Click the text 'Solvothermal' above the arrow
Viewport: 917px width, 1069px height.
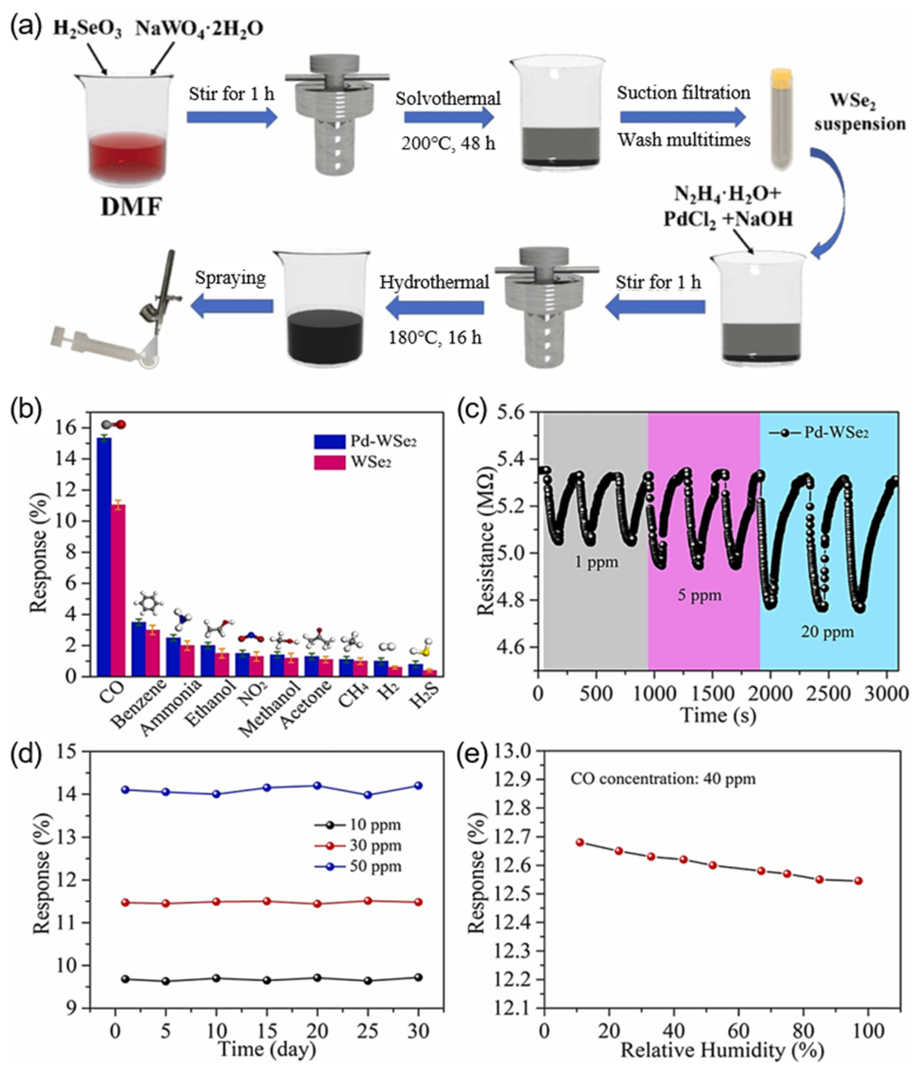448,98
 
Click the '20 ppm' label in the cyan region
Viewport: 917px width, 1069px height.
827,632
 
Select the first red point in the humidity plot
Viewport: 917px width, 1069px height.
580,842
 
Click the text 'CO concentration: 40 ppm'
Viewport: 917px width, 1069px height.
663,779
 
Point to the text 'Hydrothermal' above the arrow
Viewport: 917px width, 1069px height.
434,283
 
